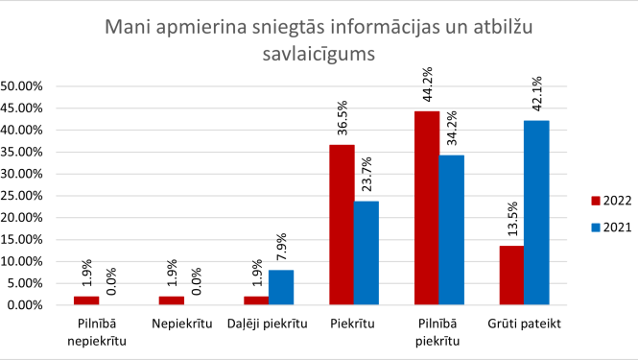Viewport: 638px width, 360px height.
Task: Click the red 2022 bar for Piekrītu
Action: [x=342, y=225]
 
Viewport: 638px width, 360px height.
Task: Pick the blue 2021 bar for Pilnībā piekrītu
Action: [x=452, y=229]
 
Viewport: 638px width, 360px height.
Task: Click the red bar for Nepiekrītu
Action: [x=171, y=300]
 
